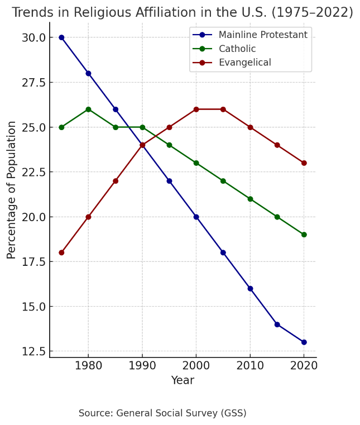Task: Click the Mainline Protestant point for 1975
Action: (61, 37)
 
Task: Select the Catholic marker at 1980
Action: (88, 109)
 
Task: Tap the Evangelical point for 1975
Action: (61, 252)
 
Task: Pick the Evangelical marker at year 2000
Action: (196, 109)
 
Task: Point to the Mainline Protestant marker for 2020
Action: (304, 342)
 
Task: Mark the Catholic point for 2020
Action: (304, 235)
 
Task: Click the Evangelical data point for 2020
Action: (304, 163)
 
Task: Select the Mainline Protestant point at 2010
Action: (250, 288)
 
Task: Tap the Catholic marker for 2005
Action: (223, 181)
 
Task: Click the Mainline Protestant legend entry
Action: (262, 35)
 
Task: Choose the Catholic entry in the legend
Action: (237, 49)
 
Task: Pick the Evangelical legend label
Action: (244, 63)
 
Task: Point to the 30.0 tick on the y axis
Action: (33, 37)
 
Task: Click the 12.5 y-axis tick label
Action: (33, 351)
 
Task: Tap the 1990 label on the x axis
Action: (142, 366)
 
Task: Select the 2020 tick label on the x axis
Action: (304, 366)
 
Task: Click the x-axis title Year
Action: (183, 381)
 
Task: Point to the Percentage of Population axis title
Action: (12, 190)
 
